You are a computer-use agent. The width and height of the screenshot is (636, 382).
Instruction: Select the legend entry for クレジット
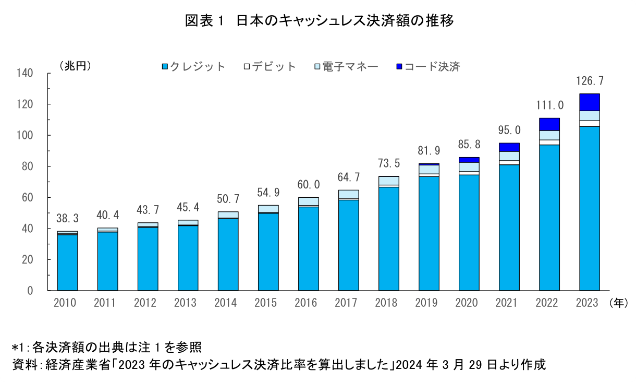193,67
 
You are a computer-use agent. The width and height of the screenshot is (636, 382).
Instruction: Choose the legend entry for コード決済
427,67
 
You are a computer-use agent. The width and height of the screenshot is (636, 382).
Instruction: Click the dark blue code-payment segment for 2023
590,102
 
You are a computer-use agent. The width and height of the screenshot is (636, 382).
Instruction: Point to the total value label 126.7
590,81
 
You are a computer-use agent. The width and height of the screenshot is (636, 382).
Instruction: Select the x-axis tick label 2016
308,303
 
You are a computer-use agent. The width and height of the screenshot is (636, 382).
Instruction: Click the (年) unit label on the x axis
618,303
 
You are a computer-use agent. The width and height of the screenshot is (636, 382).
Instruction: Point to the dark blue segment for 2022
549,124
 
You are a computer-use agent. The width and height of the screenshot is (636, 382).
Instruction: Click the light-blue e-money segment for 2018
388,181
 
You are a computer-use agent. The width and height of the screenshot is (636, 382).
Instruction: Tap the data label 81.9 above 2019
429,151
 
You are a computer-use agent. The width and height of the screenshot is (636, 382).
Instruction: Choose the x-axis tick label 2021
509,303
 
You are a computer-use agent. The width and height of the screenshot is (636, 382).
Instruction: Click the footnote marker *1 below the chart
19,347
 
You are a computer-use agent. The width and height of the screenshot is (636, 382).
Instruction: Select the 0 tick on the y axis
30,291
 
